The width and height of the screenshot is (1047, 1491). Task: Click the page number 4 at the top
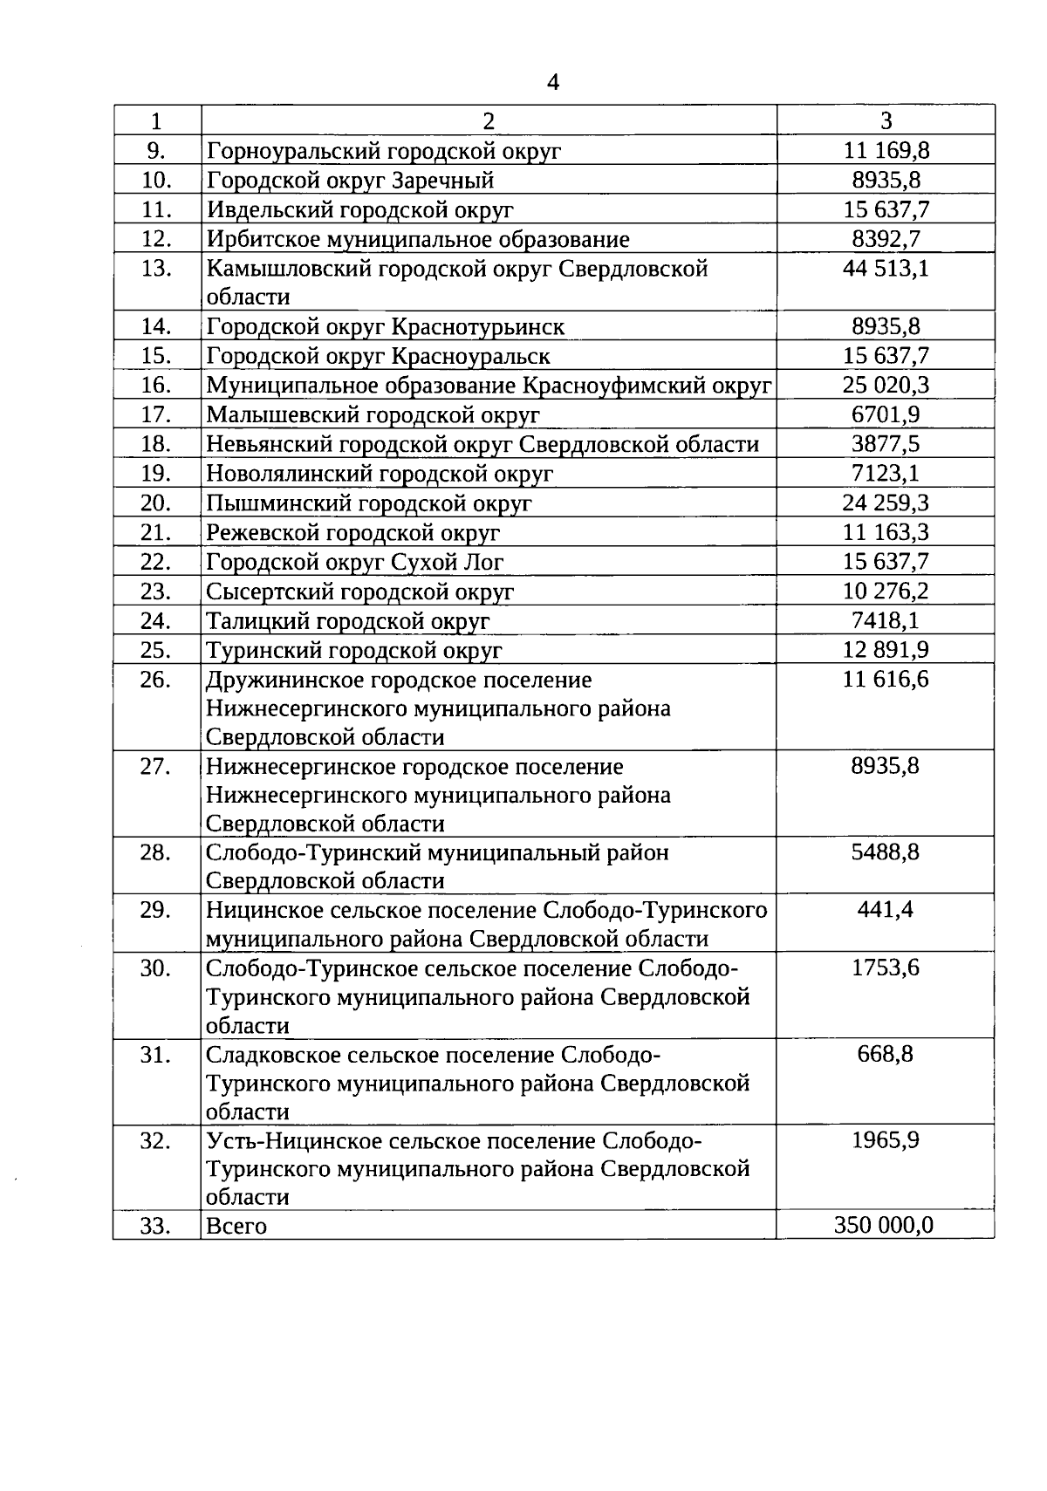pos(552,83)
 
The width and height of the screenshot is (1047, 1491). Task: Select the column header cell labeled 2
pos(489,120)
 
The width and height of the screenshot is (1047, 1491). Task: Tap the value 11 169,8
pos(886,150)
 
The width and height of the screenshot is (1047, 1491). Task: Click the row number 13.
pos(156,268)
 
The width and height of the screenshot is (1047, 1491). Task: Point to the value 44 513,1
pos(886,268)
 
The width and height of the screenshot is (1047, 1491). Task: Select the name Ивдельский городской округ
pos(359,209)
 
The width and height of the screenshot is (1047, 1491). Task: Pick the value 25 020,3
pos(886,385)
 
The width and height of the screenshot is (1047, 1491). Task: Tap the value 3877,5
pos(886,444)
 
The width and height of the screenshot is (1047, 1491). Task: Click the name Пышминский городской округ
pos(368,503)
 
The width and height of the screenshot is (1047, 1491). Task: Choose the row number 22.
pos(156,562)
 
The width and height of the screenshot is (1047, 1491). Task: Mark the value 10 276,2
pos(886,592)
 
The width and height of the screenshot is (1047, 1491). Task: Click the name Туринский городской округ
pos(353,651)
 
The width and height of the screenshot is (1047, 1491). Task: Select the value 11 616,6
pos(886,680)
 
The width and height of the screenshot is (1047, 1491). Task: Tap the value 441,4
pos(886,910)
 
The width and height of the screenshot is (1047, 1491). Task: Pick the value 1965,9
pos(886,1140)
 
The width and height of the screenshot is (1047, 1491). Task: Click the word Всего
pos(236,1226)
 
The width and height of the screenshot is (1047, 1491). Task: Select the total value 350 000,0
pos(883,1225)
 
